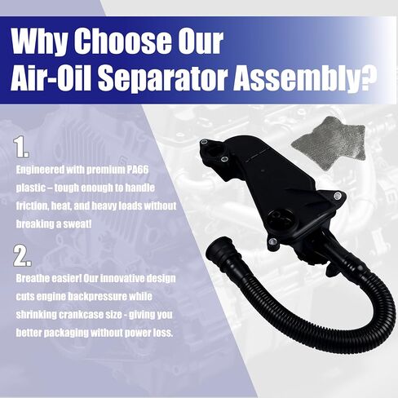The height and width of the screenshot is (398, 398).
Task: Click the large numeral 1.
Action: [21, 148]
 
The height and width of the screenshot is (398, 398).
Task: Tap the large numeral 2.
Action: [22, 255]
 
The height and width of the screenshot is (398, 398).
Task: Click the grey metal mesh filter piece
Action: [329, 142]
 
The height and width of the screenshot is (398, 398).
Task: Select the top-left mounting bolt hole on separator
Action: [205, 141]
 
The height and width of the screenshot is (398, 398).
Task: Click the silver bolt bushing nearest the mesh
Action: [338, 195]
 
